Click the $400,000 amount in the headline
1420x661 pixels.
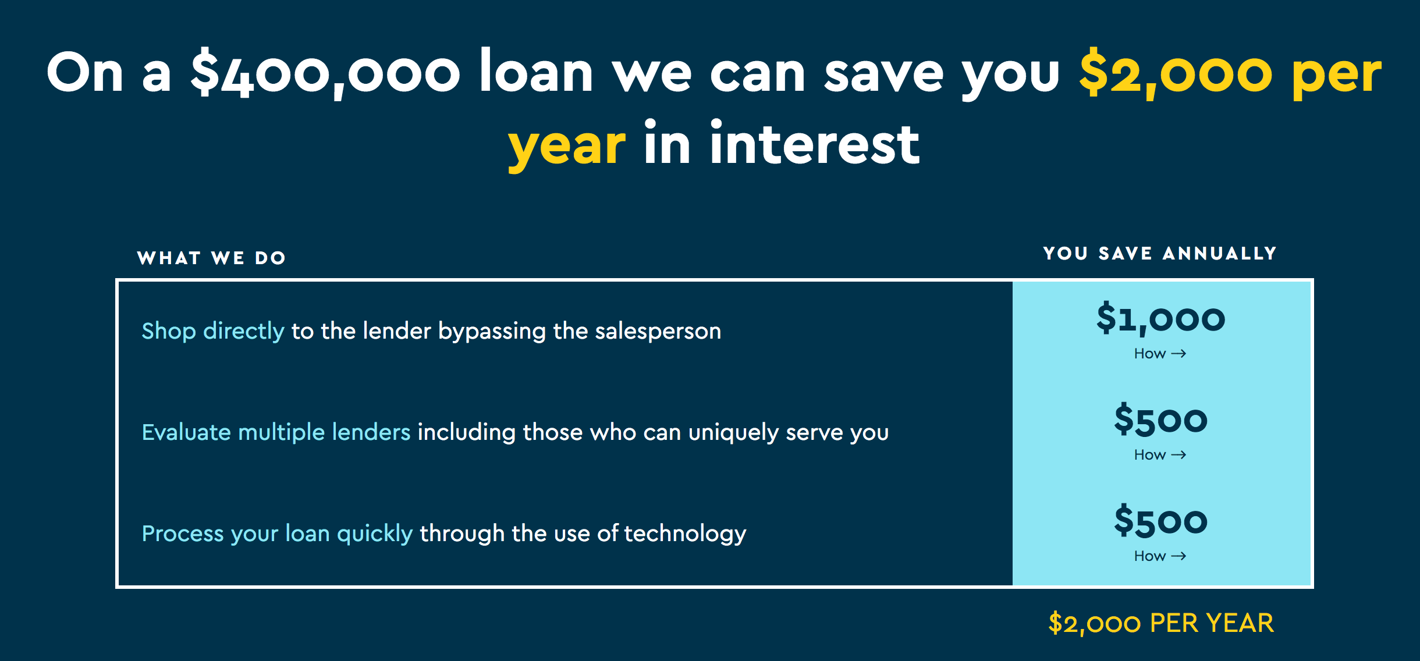tap(325, 73)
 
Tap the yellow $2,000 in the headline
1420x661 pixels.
tap(1176, 73)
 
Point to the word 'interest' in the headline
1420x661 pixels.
tap(814, 143)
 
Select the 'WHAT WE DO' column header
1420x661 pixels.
tap(211, 258)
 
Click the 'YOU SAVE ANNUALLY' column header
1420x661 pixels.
tap(1160, 253)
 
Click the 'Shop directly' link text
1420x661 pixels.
tap(213, 331)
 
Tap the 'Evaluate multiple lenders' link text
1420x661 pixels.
tap(276, 432)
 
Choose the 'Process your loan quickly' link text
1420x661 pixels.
tap(278, 534)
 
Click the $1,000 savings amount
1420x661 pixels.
tap(1161, 318)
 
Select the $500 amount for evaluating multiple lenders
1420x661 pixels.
tap(1161, 420)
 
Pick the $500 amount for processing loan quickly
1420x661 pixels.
tap(1161, 521)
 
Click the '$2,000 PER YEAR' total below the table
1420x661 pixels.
tap(1161, 623)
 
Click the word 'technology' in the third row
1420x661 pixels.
tap(685, 534)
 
